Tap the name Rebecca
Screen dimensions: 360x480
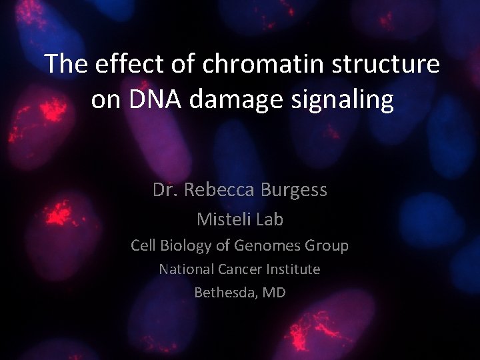coord(220,190)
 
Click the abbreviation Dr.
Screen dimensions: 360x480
coord(165,190)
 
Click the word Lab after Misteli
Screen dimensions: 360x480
coord(270,219)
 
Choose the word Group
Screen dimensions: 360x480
coord(327,246)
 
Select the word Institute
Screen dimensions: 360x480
coord(294,269)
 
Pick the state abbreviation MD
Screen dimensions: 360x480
coord(274,292)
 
